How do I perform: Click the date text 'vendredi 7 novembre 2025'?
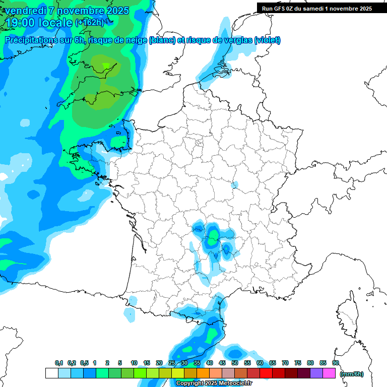tap(69, 11)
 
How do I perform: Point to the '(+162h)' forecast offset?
tap(89, 23)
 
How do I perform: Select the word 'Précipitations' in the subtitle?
tap(29, 40)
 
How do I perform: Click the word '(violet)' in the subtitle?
tap(267, 40)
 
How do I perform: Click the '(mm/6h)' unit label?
tap(351, 374)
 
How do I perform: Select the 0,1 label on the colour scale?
tap(58, 363)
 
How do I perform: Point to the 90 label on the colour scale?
tap(335, 363)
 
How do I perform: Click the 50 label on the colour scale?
tap(235, 363)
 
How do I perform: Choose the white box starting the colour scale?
tap(51, 373)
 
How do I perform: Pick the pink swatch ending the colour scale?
tap(329, 373)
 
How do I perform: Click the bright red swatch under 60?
tap(266, 373)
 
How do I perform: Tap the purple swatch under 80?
tap(316, 373)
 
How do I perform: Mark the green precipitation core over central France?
tap(214, 235)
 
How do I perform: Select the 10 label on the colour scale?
tap(134, 363)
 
